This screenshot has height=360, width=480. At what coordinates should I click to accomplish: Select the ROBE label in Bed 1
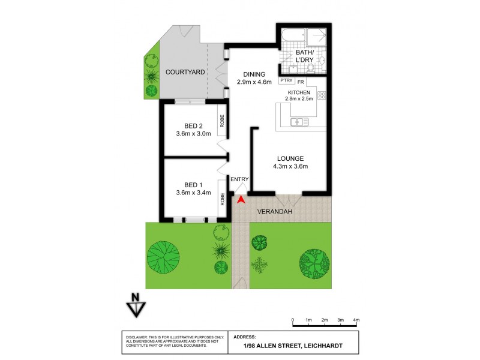coord(223,199)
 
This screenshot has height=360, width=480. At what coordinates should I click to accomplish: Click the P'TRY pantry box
coord(286,81)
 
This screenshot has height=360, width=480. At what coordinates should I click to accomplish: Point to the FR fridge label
coord(301,81)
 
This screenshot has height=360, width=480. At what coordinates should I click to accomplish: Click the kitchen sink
coord(299,122)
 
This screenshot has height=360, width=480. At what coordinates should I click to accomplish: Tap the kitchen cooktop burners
coord(321,95)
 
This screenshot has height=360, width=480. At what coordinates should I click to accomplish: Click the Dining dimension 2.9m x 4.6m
coord(254,82)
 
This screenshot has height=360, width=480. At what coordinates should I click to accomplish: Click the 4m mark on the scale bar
coord(356,320)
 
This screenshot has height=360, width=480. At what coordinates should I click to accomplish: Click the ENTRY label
coord(239,179)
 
